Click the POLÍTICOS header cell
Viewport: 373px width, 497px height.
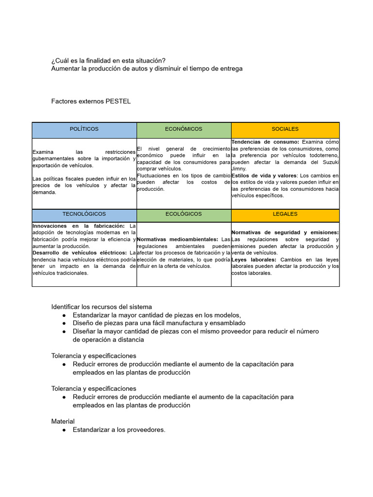pyautogui.click(x=84, y=129)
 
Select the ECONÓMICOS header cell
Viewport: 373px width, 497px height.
pyautogui.click(x=184, y=129)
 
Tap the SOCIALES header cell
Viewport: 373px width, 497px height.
pyautogui.click(x=285, y=129)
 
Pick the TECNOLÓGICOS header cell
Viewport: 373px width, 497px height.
pyautogui.click(x=84, y=214)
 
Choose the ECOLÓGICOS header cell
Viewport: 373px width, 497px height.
pyautogui.click(x=184, y=214)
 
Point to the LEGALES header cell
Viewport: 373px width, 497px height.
pyautogui.click(x=285, y=214)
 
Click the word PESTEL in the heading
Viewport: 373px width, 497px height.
pyautogui.click(x=119, y=101)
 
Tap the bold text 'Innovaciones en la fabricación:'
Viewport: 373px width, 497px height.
pyautogui.click(x=78, y=226)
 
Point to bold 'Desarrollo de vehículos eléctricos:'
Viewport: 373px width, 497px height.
pyautogui.click(x=79, y=253)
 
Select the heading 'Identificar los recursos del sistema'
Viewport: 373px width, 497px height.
pyautogui.click(x=102, y=307)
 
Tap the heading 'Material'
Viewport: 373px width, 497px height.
pyautogui.click(x=63, y=421)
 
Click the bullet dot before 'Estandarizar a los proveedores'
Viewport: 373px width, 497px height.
pyautogui.click(x=64, y=430)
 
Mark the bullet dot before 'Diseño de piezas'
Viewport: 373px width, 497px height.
pyautogui.click(x=64, y=323)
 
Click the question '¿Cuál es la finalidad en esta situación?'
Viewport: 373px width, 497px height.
pyautogui.click(x=108, y=61)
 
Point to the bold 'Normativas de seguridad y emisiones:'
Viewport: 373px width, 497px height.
pyautogui.click(x=285, y=232)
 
